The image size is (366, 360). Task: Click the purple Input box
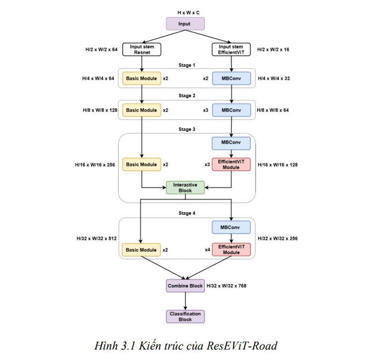click(185, 24)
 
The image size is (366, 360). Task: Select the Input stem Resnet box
click(142, 50)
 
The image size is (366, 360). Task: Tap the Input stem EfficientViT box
click(231, 50)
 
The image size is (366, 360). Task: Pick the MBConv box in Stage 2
click(231, 110)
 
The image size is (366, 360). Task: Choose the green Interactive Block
click(185, 187)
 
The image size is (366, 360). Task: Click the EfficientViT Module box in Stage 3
click(231, 164)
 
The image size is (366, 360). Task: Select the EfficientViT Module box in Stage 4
click(231, 249)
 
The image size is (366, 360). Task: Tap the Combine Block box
click(185, 286)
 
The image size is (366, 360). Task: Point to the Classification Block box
click(185, 316)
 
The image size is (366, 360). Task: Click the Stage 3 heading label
click(187, 129)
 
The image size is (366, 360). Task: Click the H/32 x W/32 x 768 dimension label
click(226, 286)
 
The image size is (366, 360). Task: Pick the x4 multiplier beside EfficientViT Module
click(207, 249)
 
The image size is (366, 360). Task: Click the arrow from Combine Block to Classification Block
click(185, 301)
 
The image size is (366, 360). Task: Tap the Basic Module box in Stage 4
click(142, 250)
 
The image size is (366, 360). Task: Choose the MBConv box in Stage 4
click(231, 227)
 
